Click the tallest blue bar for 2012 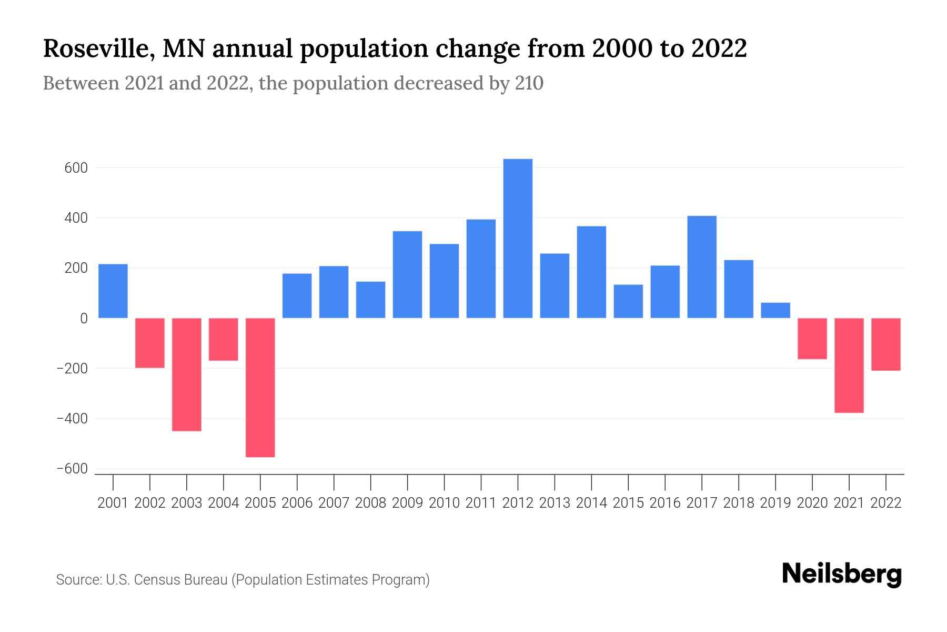pyautogui.click(x=518, y=238)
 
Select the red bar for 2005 pyautogui.click(x=260, y=387)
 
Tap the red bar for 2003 pyautogui.click(x=187, y=374)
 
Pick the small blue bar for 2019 pyautogui.click(x=775, y=310)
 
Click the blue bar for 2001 pyautogui.click(x=113, y=291)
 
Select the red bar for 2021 pyautogui.click(x=849, y=365)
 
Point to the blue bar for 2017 pyautogui.click(x=702, y=266)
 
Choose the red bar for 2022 pyautogui.click(x=885, y=344)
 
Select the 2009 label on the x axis pyautogui.click(x=407, y=503)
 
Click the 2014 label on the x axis pyautogui.click(x=591, y=503)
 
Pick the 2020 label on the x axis pyautogui.click(x=812, y=503)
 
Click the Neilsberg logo pyautogui.click(x=841, y=575)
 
